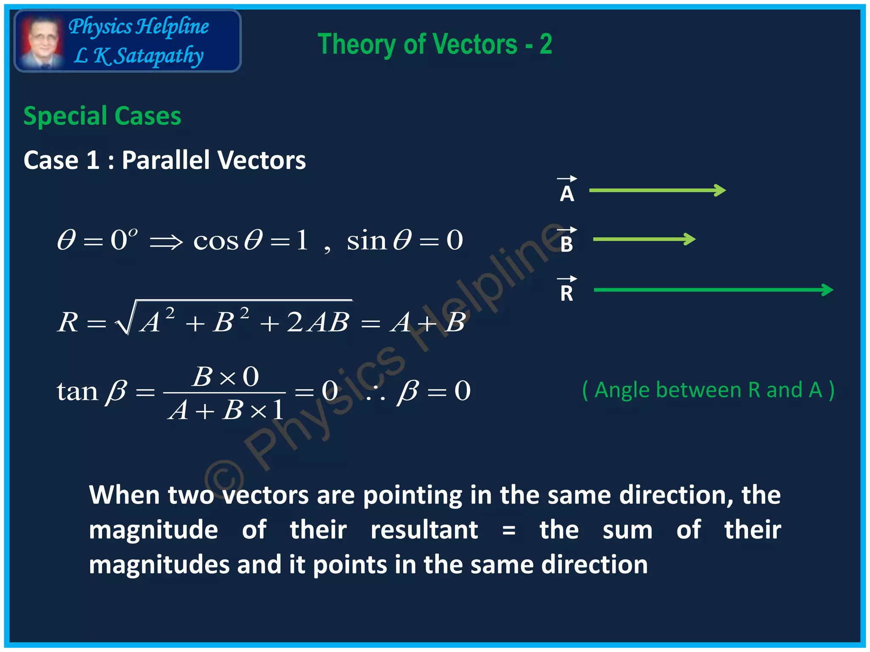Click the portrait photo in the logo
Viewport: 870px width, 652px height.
coord(41,42)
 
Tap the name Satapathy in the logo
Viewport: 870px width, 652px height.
coord(159,56)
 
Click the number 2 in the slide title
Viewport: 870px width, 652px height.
coord(545,44)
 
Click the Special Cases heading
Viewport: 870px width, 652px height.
coord(102,116)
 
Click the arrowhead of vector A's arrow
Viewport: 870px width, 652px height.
coord(720,190)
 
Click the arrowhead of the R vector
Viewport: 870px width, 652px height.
coord(828,290)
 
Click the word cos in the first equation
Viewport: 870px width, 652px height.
coord(216,241)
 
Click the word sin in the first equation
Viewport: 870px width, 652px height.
coord(366,241)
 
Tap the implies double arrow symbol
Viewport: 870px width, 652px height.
coord(166,242)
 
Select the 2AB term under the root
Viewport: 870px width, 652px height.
coord(318,322)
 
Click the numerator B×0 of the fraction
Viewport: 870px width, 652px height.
coord(225,377)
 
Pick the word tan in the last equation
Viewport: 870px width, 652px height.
coord(77,391)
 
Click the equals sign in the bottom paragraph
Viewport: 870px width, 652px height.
coord(508,531)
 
